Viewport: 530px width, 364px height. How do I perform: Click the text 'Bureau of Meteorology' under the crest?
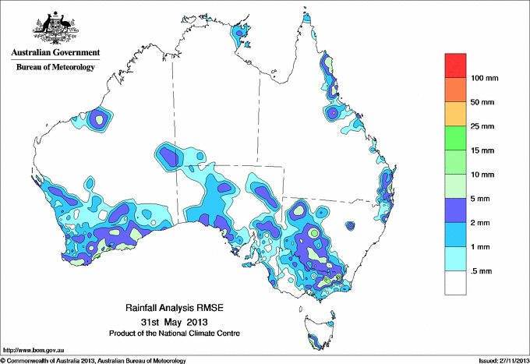tap(55, 68)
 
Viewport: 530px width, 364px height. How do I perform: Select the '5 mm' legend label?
tap(483, 199)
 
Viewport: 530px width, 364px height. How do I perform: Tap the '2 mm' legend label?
tap(483, 223)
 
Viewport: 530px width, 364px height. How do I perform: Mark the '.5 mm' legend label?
tap(483, 270)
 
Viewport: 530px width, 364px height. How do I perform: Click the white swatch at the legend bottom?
tap(455, 282)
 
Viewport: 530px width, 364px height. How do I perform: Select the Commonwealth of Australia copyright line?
tap(94, 360)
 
